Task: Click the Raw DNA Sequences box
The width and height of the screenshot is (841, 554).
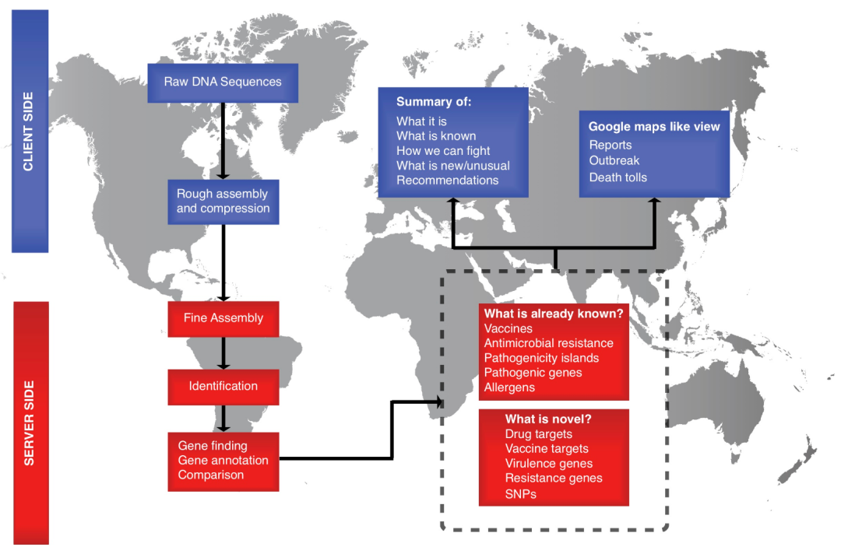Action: coord(223,82)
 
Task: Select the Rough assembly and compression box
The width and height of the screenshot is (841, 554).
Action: coord(223,202)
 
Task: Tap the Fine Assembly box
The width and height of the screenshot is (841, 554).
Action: coord(223,317)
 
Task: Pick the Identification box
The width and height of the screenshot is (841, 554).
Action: coord(223,386)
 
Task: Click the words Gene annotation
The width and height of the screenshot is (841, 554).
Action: coord(223,461)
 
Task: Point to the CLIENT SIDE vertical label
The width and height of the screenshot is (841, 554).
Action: coord(30,131)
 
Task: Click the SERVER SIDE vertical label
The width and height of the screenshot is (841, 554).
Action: coord(30,423)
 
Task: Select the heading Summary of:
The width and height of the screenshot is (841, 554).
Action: coord(434,102)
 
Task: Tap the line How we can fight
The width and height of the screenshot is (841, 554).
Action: coord(443,151)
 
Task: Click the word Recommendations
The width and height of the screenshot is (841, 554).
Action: coord(447,180)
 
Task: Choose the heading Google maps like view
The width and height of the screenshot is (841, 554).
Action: coord(653,127)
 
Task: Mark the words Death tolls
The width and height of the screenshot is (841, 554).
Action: coord(618,177)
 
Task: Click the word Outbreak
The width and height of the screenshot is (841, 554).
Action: coord(614,160)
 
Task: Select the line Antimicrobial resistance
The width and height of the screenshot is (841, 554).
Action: coord(548,343)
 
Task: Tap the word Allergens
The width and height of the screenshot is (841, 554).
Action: coord(509,387)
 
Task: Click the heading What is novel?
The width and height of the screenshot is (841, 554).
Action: coord(547,419)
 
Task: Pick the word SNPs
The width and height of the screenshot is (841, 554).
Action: coord(520,493)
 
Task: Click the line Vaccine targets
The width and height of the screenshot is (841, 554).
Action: coord(547,449)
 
